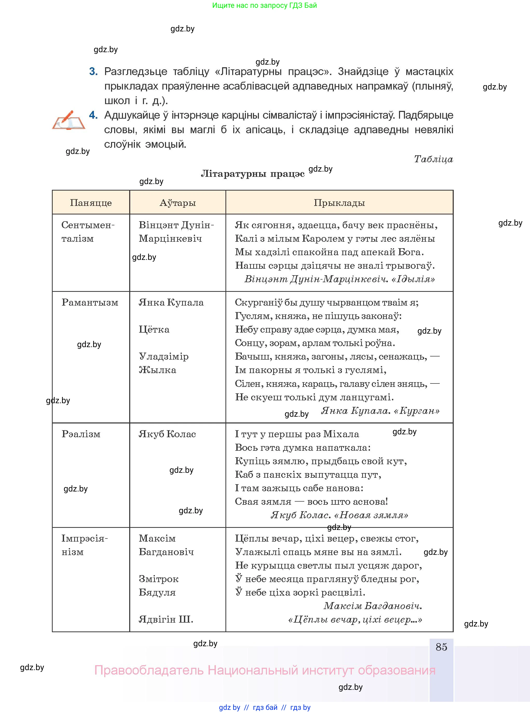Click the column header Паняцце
click(x=91, y=203)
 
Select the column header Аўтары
click(x=177, y=203)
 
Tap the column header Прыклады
click(x=339, y=203)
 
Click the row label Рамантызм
click(x=90, y=302)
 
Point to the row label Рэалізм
click(x=81, y=434)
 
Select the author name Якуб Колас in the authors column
click(x=167, y=434)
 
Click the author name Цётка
click(x=154, y=329)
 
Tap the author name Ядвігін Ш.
click(x=166, y=619)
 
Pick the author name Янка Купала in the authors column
click(x=171, y=302)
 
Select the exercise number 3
click(x=93, y=71)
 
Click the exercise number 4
click(x=93, y=115)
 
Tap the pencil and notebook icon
click(x=68, y=120)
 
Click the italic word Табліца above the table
click(x=433, y=159)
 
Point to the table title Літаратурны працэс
click(x=252, y=174)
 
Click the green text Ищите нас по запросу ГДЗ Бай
click(x=264, y=5)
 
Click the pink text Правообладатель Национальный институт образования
click(x=265, y=670)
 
